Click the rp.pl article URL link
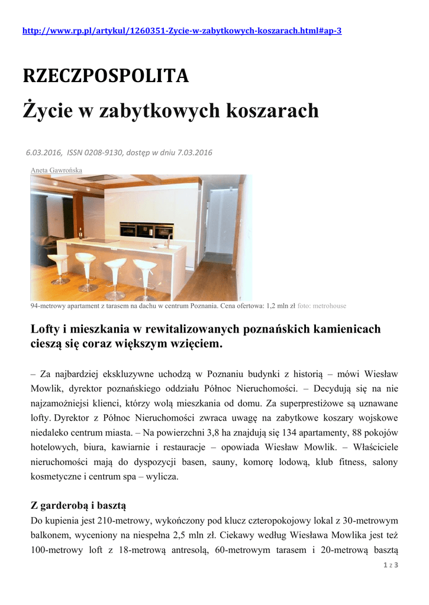182,31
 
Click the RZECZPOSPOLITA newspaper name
105,76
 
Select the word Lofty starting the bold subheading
44,329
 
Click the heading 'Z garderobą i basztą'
78,506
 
